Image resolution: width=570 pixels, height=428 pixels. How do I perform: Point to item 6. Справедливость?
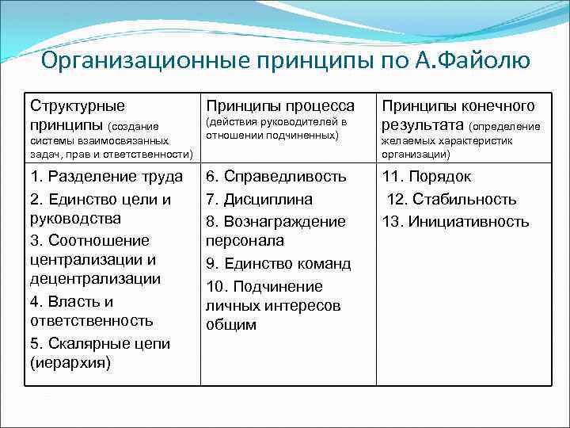click(276, 177)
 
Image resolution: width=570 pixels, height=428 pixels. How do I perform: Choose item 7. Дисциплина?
click(259, 199)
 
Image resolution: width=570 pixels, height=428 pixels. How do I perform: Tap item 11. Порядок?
click(427, 177)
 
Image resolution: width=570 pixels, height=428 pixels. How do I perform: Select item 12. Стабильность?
click(451, 199)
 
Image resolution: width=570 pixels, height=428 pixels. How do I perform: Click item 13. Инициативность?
click(455, 221)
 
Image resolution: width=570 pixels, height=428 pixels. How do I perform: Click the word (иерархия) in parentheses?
click(70, 363)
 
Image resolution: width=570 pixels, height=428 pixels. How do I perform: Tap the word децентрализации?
click(94, 279)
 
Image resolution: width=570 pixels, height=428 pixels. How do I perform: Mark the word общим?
click(231, 324)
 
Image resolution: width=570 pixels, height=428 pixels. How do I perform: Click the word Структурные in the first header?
click(78, 105)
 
